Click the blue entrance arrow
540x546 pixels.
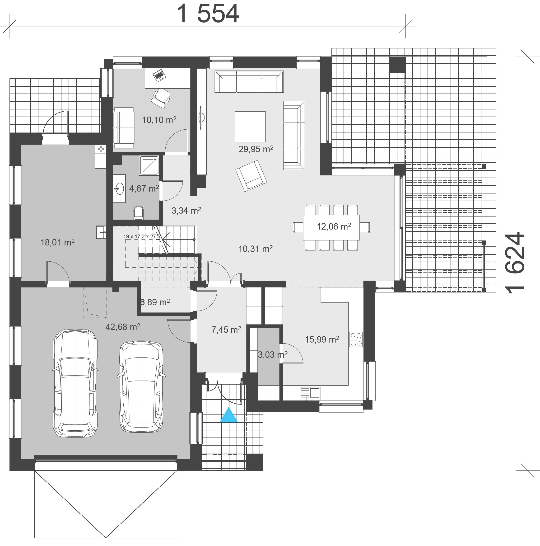pyautogui.click(x=229, y=415)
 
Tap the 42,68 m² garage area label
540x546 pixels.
pyautogui.click(x=123, y=327)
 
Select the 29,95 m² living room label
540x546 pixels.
pyautogui.click(x=256, y=149)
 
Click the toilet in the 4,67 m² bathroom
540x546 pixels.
pyautogui.click(x=138, y=213)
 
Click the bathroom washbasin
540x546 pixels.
pyautogui.click(x=120, y=188)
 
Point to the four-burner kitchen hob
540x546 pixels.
pyautogui.click(x=356, y=339)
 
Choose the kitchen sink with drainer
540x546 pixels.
pyautogui.click(x=310, y=393)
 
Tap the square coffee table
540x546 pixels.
pyautogui.click(x=250, y=127)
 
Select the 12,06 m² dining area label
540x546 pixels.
pyautogui.click(x=334, y=226)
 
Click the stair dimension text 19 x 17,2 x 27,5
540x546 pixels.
pyautogui.click(x=142, y=236)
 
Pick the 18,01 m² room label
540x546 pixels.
pyautogui.click(x=58, y=242)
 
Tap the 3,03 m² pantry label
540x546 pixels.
pyautogui.click(x=273, y=354)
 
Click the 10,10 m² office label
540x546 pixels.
pyautogui.click(x=159, y=120)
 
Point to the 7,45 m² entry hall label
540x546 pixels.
pyautogui.click(x=226, y=329)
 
